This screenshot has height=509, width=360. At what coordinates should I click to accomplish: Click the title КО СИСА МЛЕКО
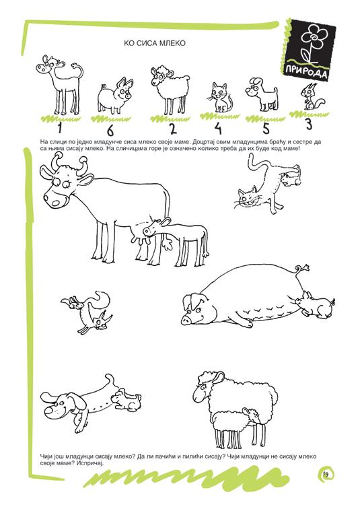tap(154, 43)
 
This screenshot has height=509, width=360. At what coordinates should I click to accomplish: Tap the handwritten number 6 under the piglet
tap(110, 131)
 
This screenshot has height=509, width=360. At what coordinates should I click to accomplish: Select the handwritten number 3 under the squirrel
tap(308, 124)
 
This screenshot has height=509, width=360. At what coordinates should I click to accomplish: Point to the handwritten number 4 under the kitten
tap(218, 128)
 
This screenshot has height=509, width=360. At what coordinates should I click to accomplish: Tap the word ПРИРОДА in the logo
tap(306, 72)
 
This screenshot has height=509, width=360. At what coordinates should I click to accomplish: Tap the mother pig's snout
tap(186, 320)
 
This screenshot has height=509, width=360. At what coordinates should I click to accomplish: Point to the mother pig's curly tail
tap(301, 271)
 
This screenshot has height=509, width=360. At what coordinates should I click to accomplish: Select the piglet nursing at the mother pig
tap(315, 304)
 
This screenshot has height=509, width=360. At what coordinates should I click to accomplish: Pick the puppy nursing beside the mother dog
tap(126, 399)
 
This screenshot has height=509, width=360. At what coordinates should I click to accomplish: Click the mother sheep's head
tap(207, 388)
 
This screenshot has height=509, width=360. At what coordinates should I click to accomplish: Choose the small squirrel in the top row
tap(310, 97)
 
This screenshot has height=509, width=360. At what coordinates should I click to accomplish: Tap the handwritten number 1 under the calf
tap(59, 127)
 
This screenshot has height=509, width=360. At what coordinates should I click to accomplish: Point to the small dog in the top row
tap(262, 94)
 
